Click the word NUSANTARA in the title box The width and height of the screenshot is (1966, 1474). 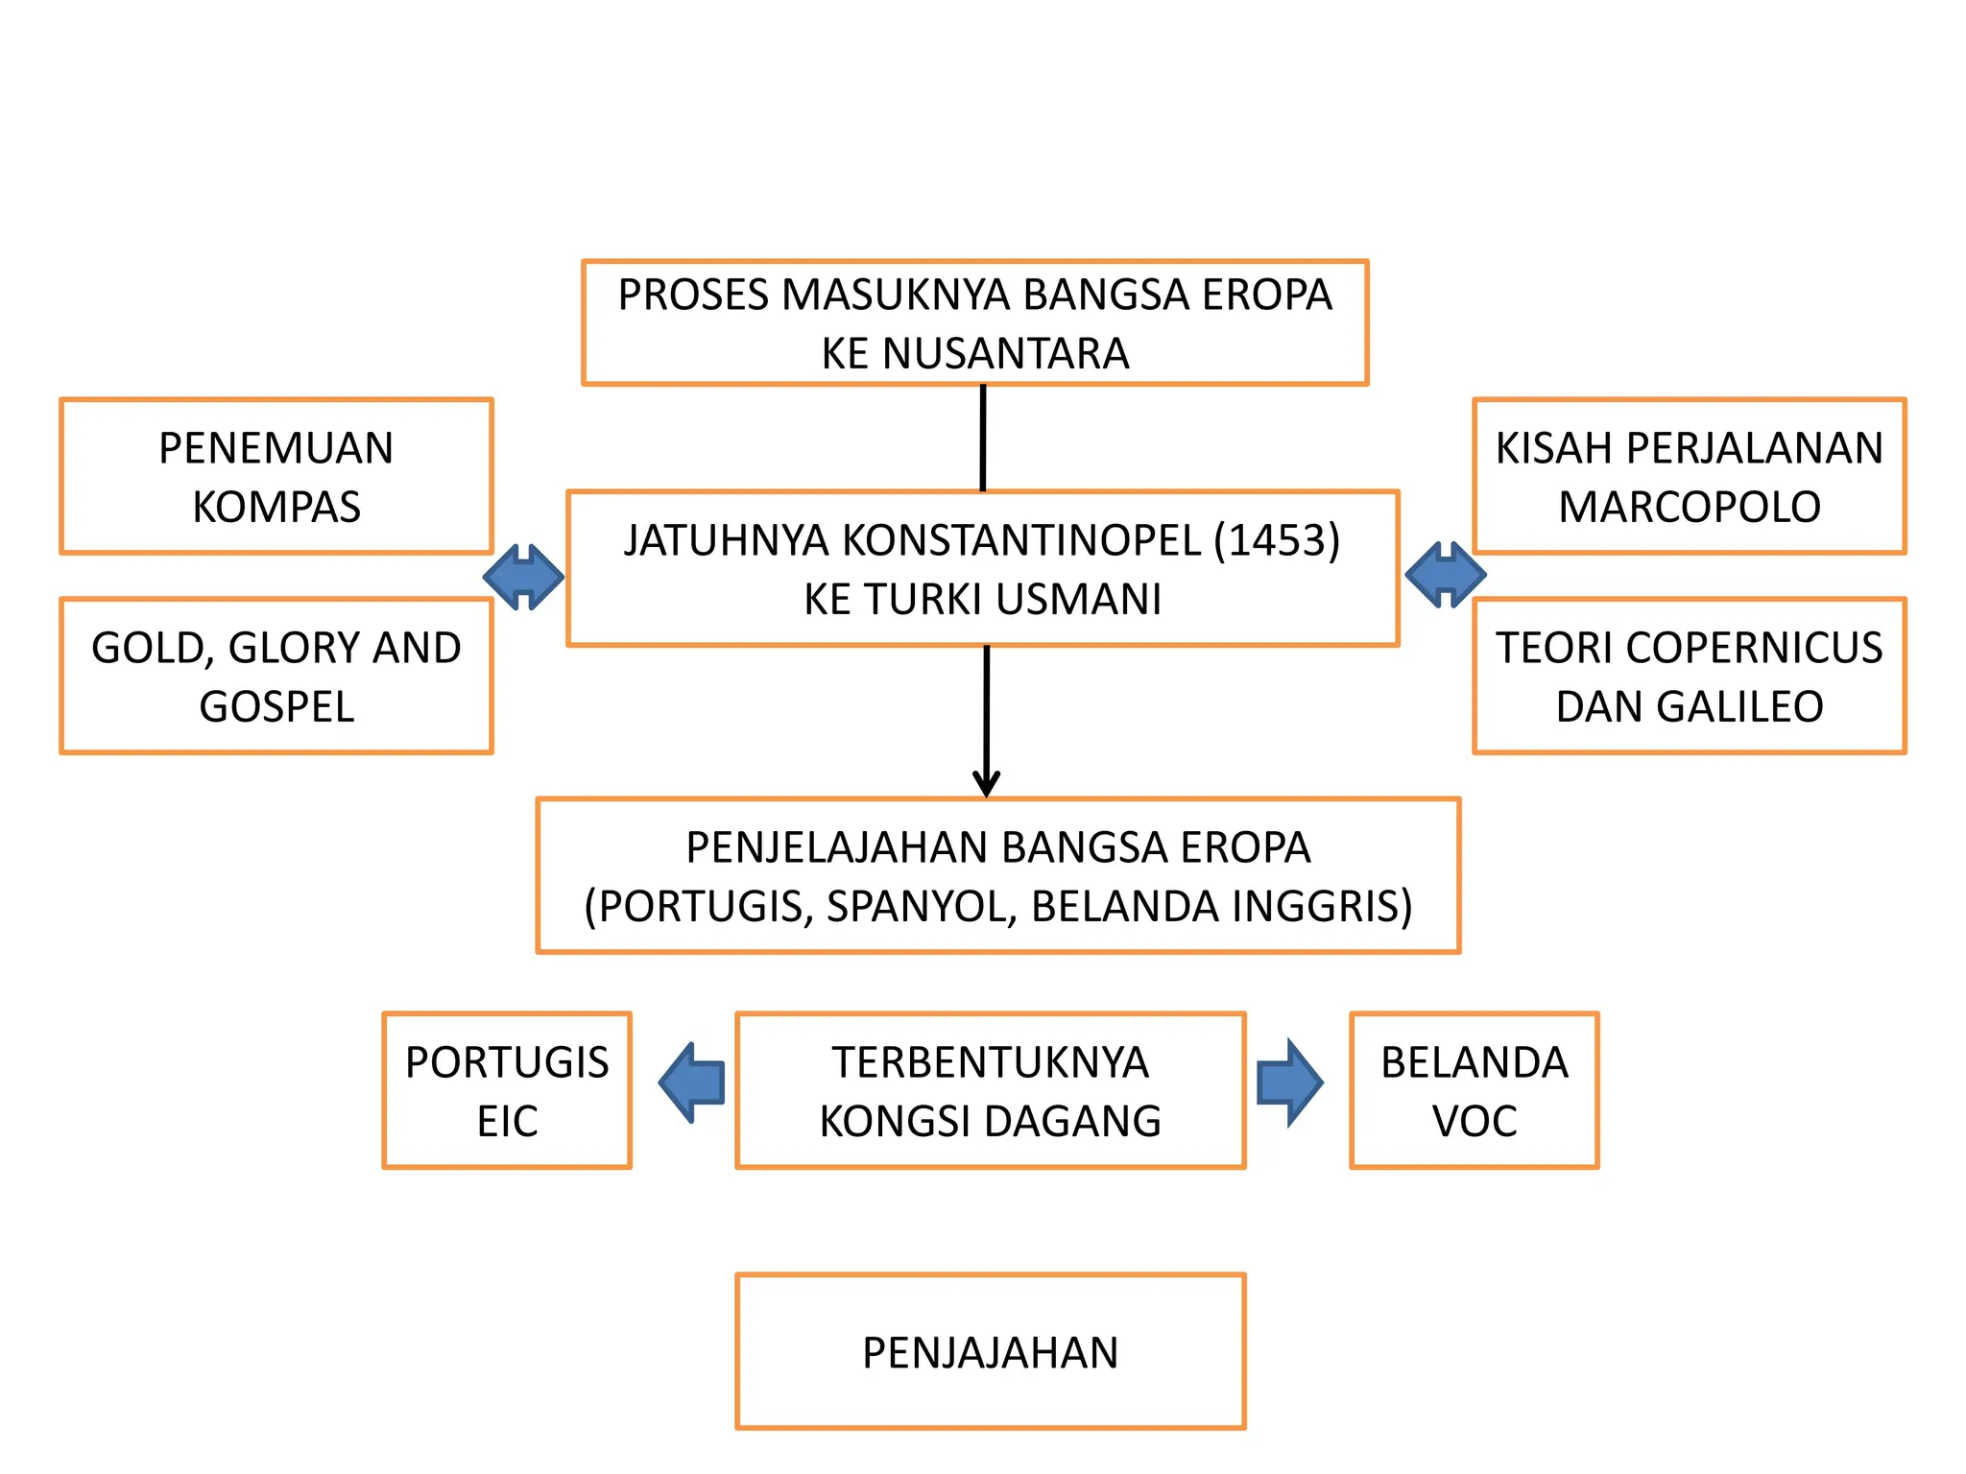pos(1005,353)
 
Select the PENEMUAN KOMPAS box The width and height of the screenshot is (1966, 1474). pos(276,477)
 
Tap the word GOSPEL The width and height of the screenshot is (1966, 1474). pos(276,707)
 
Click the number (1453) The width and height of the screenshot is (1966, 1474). pos(1277,540)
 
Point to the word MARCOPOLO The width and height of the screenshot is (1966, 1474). pos(1690,507)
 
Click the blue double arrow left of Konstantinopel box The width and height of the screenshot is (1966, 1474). pos(523,577)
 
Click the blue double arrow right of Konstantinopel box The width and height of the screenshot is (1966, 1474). pos(1445,575)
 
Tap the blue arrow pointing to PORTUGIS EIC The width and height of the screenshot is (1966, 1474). pos(692,1082)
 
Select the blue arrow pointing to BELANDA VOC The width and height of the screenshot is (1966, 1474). pos(1290,1082)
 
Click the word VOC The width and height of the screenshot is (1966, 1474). pos(1474,1121)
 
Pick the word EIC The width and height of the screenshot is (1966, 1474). pos(507,1121)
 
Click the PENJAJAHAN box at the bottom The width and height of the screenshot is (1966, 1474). pos(990,1351)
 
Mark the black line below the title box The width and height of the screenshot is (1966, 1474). pos(983,438)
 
